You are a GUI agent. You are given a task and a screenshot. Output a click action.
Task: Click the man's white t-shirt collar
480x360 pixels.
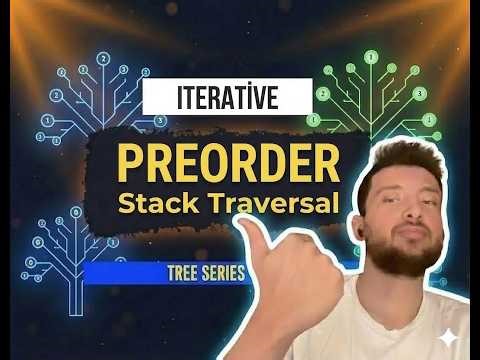(380, 300)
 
